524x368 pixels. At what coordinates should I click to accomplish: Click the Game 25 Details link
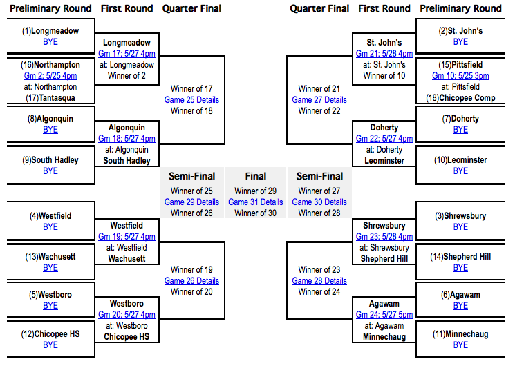(191, 99)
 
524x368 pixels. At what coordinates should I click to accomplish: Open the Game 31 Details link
(255, 202)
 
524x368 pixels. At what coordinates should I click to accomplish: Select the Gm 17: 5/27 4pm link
(127, 53)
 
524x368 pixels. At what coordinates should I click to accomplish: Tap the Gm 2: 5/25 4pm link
(50, 75)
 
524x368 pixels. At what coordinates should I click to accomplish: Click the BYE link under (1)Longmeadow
(50, 42)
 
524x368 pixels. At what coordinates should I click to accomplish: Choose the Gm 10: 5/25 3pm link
(460, 75)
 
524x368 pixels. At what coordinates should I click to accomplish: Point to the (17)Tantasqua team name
(50, 97)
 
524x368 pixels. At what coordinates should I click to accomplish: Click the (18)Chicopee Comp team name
(460, 97)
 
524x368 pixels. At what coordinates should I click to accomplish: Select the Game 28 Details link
(319, 280)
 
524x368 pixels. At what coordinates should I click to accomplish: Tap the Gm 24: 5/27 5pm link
(384, 314)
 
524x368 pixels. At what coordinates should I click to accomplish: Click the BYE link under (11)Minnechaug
(460, 345)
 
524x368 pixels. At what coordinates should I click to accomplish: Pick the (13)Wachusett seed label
(50, 256)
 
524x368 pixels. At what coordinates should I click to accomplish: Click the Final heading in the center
(255, 176)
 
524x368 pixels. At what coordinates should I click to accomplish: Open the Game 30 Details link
(319, 202)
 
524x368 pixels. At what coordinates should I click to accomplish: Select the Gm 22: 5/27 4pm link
(384, 138)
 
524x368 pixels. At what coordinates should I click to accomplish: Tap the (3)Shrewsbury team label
(460, 215)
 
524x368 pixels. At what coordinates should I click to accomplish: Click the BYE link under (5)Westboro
(50, 305)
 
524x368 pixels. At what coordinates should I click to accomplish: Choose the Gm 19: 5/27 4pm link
(127, 236)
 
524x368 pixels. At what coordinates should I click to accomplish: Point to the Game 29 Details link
(191, 202)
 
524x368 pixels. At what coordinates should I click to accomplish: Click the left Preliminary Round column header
(50, 8)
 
